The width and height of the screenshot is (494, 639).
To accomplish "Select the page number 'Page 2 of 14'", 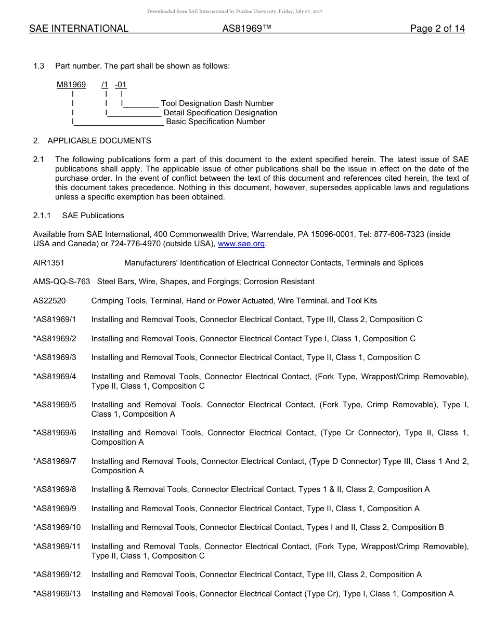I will point(437,29).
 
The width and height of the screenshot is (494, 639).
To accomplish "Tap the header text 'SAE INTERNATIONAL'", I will point(79,29).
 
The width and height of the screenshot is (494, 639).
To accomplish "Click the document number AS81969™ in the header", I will point(247,29).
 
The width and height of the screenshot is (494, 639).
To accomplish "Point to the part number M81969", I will point(71,85).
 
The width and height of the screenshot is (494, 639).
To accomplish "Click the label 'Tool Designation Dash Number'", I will point(217,103).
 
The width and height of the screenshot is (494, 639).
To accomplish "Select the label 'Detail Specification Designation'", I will point(220,113).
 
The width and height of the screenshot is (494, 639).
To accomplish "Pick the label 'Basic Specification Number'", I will point(215,122).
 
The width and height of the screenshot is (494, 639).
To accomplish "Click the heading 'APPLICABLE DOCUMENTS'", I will point(99,141).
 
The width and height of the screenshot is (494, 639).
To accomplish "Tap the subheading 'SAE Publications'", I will point(93,216).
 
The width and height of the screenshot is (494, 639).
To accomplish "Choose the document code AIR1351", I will point(48,263).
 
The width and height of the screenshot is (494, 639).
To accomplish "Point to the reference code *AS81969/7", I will point(55,461).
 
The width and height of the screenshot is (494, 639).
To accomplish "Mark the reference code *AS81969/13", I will point(57,594).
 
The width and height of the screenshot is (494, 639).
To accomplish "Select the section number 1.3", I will point(38,66).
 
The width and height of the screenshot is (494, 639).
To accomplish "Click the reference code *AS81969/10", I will point(57,527).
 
